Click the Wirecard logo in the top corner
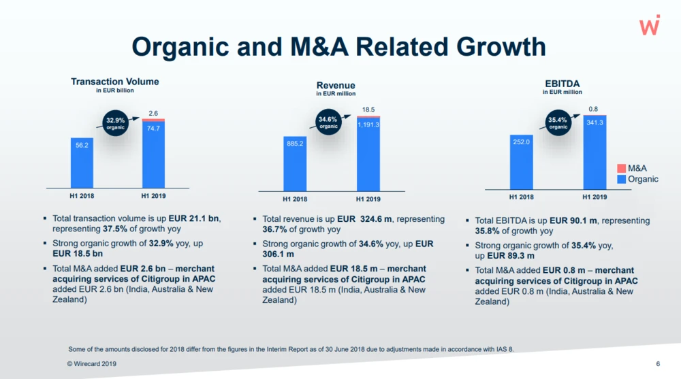coord(650,26)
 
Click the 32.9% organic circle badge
coord(116,124)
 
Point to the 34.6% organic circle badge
coord(328,122)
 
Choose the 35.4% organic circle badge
coord(558,123)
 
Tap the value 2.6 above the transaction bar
coord(153,113)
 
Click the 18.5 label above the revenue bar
coord(368,110)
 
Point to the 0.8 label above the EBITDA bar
coord(594,109)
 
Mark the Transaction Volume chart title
coord(115,82)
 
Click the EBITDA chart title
coord(562,84)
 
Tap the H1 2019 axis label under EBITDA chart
coord(595,197)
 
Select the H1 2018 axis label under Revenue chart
coord(295,199)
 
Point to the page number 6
coord(659,364)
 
